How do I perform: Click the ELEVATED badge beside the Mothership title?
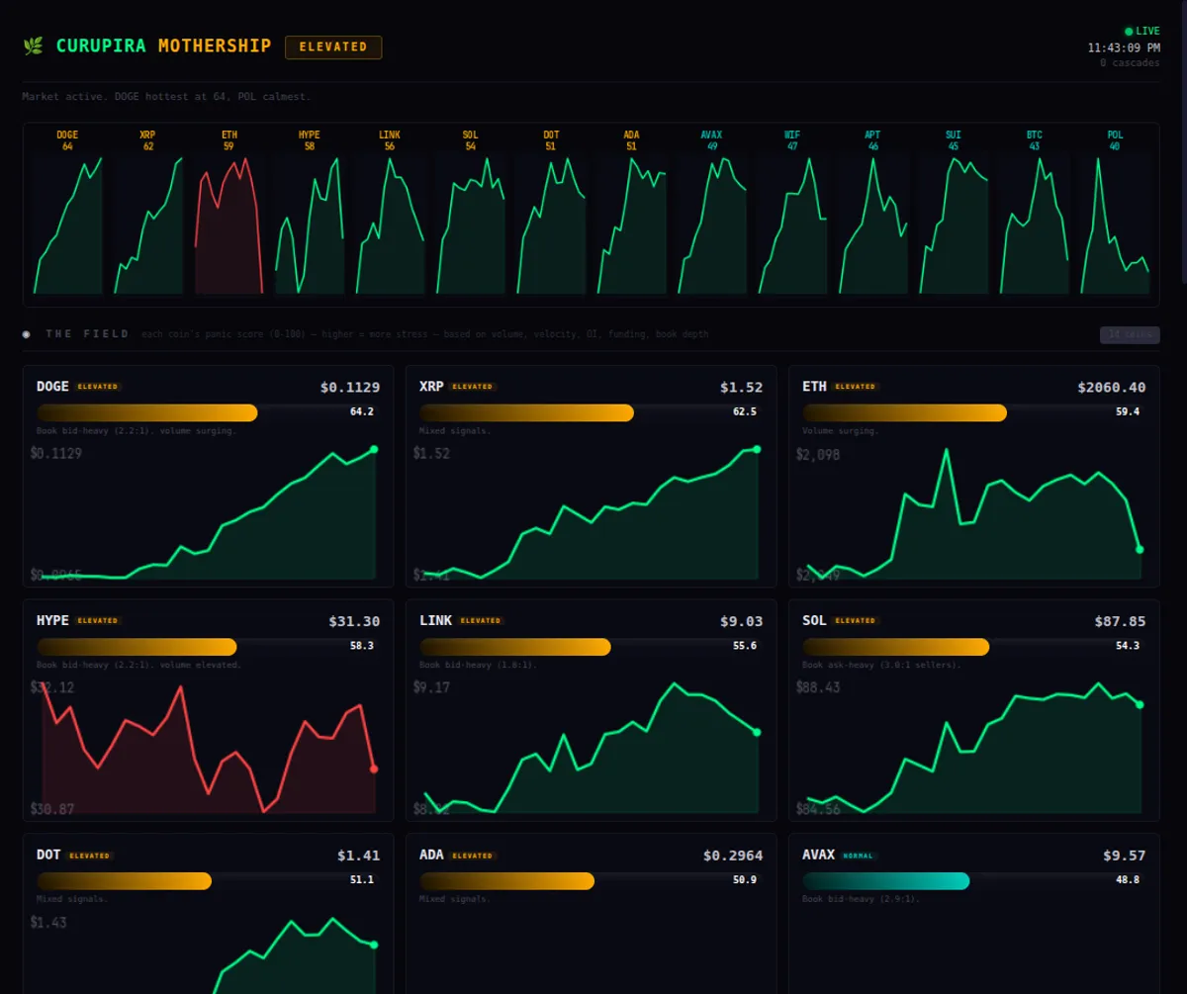pos(333,46)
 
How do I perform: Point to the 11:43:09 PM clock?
pos(1124,47)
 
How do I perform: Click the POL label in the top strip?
pos(1115,135)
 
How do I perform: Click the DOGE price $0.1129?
pos(349,387)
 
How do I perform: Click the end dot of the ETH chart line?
pos(1140,549)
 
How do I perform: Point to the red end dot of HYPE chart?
pos(374,768)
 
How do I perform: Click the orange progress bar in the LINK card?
pos(514,647)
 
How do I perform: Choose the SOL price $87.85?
pos(1120,621)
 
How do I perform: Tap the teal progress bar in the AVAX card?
pos(885,880)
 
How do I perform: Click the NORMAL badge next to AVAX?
pos(858,856)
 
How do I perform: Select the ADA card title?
pos(431,855)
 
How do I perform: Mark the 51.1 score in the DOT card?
pos(361,879)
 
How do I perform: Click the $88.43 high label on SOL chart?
pos(817,687)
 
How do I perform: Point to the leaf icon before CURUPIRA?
pos(33,45)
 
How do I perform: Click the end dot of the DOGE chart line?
pos(374,449)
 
